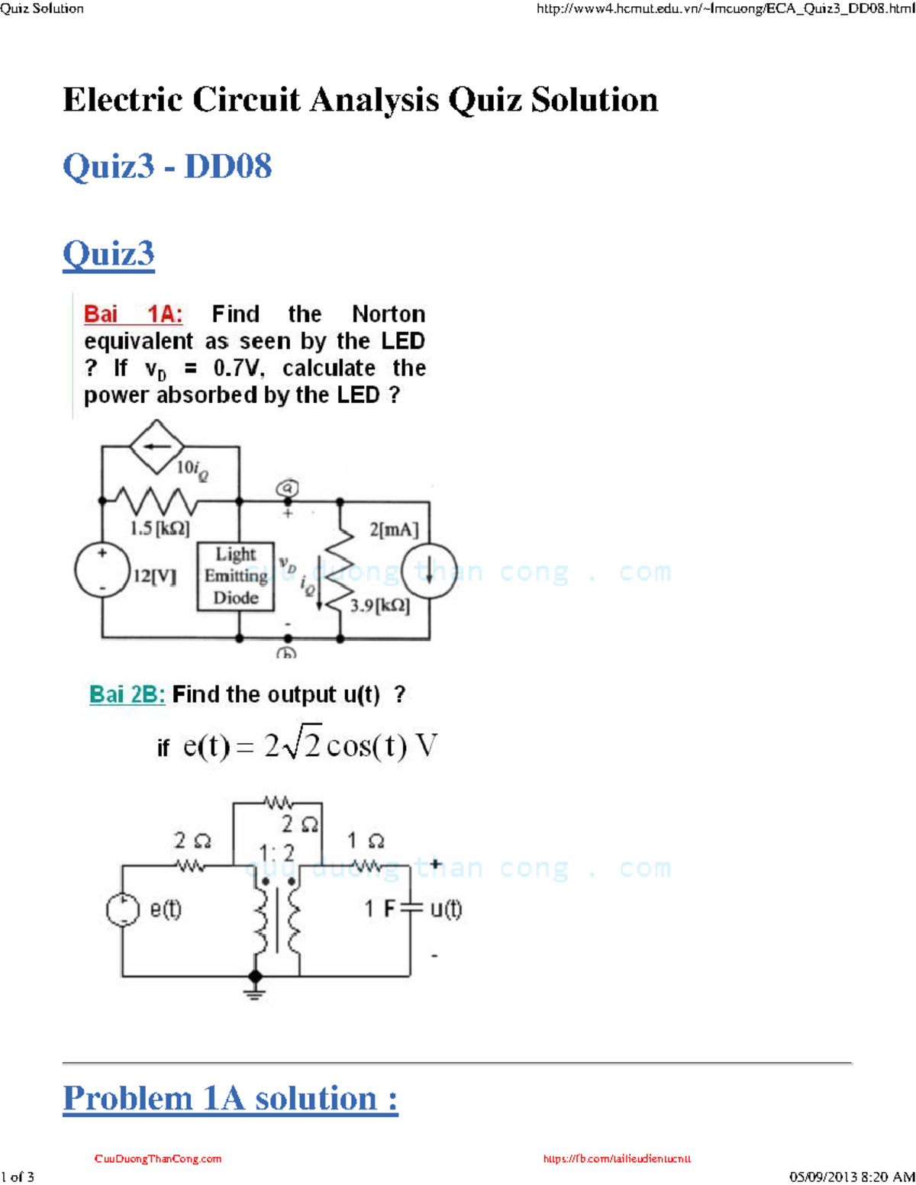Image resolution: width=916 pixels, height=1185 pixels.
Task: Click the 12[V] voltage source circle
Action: coord(102,570)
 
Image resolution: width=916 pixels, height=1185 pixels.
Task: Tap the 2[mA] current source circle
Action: coord(429,570)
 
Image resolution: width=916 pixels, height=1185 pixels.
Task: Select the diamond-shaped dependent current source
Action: coord(156,446)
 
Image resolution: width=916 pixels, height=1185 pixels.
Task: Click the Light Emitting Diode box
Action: coord(235,576)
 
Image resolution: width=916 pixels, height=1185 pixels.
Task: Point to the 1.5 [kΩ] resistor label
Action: coord(160,528)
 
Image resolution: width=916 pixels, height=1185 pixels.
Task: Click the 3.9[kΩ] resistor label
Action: coord(379,606)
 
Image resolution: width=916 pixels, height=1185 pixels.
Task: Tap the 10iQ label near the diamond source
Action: coord(192,469)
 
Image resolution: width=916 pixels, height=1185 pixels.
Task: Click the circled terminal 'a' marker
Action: coord(287,488)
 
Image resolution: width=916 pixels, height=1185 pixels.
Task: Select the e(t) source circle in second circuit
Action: coord(123,910)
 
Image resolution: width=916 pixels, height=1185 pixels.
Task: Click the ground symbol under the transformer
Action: coord(255,991)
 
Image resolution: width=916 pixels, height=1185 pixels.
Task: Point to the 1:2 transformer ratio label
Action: coord(276,852)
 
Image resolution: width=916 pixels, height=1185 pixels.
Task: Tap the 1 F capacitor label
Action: coord(379,909)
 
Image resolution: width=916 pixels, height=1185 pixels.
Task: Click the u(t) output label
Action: coord(446,909)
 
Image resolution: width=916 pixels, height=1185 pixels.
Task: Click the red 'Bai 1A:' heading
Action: coord(133,314)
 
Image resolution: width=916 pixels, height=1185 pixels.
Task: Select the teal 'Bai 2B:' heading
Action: coord(127,694)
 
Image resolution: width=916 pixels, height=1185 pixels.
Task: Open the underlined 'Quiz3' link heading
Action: coord(108,253)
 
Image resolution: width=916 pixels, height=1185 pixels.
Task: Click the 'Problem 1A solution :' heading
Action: coord(230,1098)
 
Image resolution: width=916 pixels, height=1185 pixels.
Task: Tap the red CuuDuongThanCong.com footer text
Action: coord(158,1158)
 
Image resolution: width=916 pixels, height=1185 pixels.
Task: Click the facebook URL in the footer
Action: coord(617,1158)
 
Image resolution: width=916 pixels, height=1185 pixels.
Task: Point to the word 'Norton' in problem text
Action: coord(388,314)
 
